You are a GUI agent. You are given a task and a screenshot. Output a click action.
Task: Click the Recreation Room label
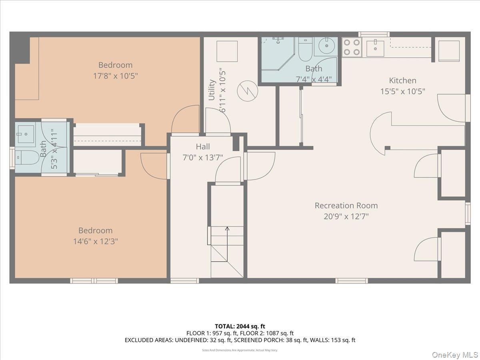tap(346, 206)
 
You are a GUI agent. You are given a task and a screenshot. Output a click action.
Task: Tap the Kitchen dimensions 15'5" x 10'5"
tap(402, 91)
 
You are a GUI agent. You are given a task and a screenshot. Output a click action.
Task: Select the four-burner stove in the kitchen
tap(352, 47)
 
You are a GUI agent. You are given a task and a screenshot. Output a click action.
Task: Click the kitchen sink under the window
tap(375, 48)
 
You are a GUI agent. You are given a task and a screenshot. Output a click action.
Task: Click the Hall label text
tap(203, 147)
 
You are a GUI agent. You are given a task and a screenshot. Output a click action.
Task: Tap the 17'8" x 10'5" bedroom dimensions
tap(115, 76)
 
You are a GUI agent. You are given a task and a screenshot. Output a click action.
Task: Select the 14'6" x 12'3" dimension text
tap(95, 242)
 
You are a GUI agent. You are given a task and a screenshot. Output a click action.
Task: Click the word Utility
tap(212, 90)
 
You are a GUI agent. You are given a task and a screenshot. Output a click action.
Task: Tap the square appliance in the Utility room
tap(227, 51)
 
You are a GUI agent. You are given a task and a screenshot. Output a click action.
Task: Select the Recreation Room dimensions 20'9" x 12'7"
tap(346, 217)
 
